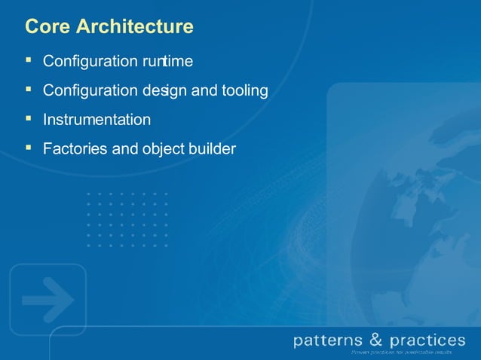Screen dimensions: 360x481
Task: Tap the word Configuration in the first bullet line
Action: (89, 61)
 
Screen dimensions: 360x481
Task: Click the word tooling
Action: (244, 91)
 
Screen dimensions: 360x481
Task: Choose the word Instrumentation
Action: (97, 120)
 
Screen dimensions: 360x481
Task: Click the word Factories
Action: (75, 149)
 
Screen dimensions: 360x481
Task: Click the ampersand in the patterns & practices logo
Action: (377, 340)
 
